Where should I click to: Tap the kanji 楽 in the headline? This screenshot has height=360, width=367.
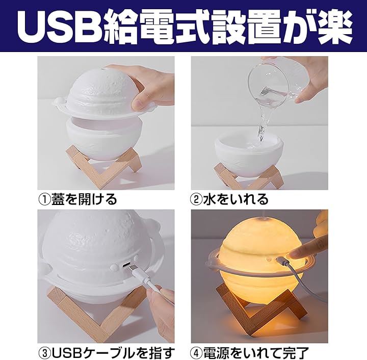(335, 27)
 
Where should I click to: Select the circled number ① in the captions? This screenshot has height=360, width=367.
(44, 200)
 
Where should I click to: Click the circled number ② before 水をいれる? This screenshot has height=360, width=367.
(197, 200)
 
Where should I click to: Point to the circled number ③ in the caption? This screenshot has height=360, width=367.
(44, 353)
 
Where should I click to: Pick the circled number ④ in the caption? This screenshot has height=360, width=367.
(196, 353)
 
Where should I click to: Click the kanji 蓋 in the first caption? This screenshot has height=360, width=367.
(58, 199)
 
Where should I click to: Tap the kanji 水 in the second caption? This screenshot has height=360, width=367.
(210, 199)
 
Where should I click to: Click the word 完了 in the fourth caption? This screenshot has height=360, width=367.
(296, 353)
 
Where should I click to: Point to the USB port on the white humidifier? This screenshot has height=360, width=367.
(126, 265)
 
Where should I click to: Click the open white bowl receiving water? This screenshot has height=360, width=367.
(249, 150)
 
